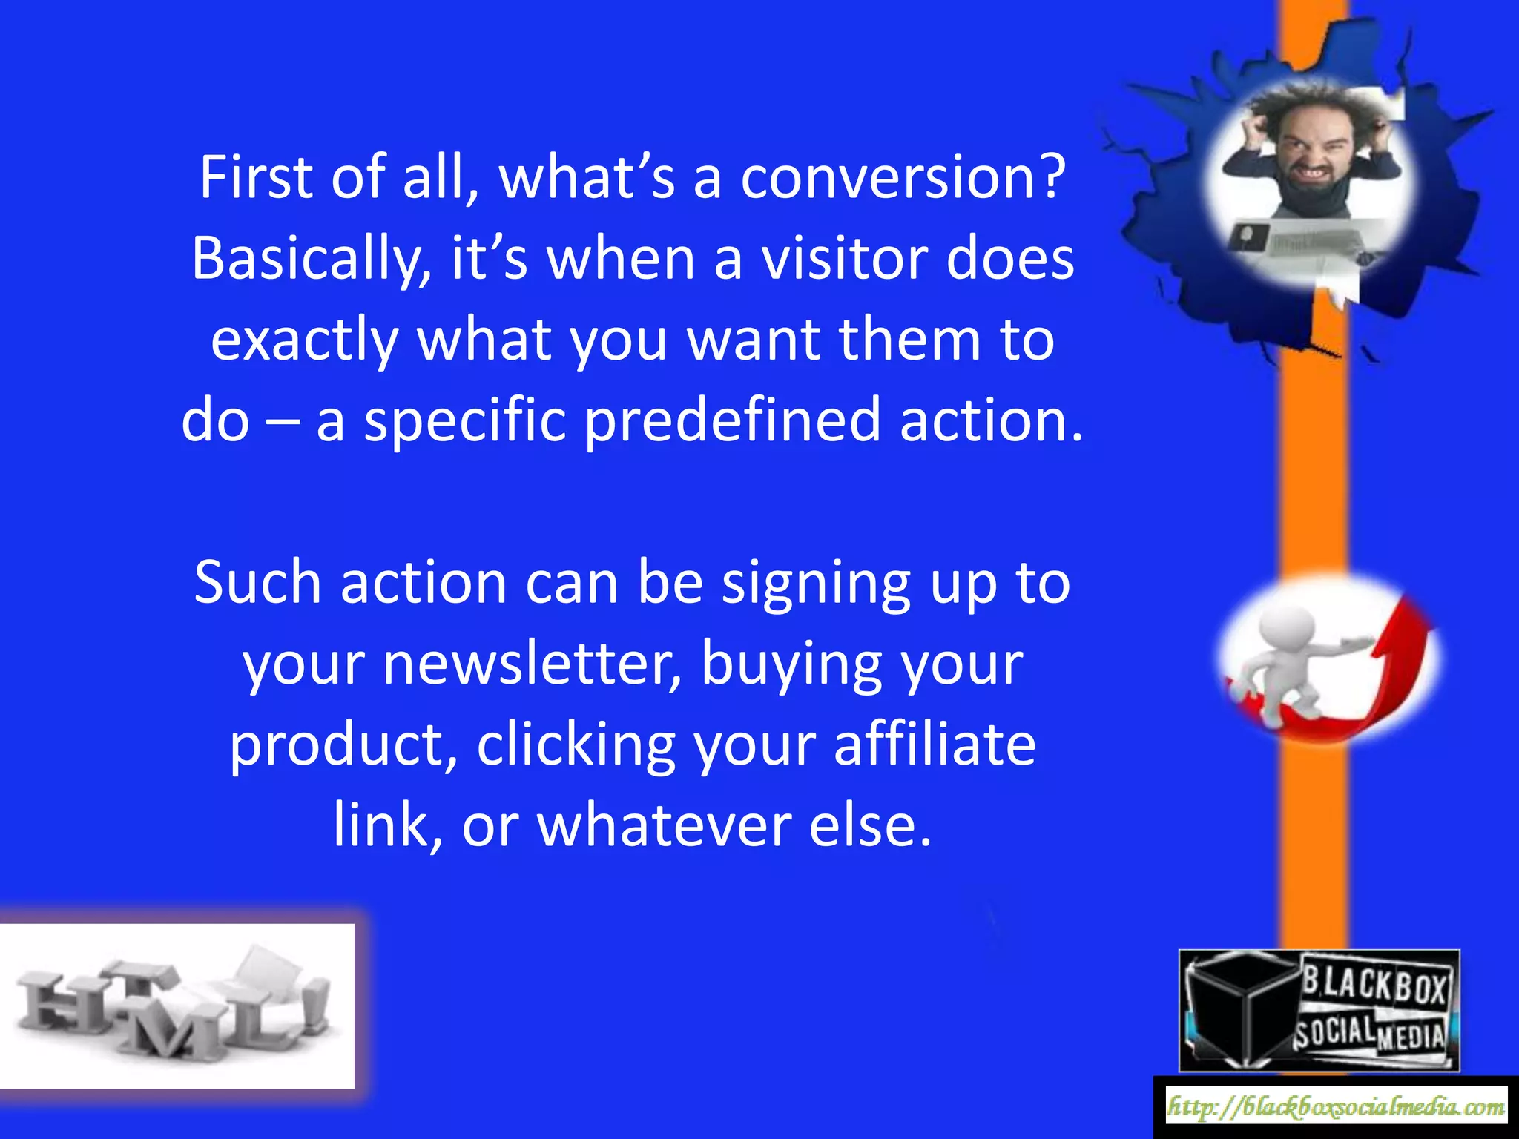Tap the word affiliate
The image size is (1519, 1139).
pyautogui.click(x=935, y=744)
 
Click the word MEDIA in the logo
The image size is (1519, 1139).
pyautogui.click(x=1411, y=1037)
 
